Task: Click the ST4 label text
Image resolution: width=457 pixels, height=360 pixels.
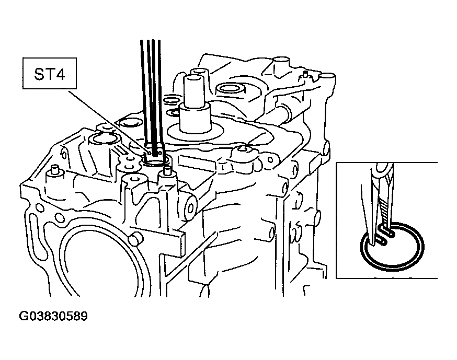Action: (x=49, y=74)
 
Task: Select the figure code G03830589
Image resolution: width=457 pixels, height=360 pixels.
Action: (x=53, y=316)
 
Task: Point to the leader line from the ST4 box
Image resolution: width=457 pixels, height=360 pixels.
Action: (x=107, y=121)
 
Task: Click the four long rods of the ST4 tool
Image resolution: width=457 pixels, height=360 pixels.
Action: (x=151, y=93)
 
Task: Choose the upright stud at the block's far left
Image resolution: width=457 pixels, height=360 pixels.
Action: (x=54, y=171)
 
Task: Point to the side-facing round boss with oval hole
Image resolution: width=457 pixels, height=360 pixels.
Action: (x=190, y=207)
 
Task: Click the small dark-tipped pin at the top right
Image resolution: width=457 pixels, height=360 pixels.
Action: (x=305, y=74)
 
